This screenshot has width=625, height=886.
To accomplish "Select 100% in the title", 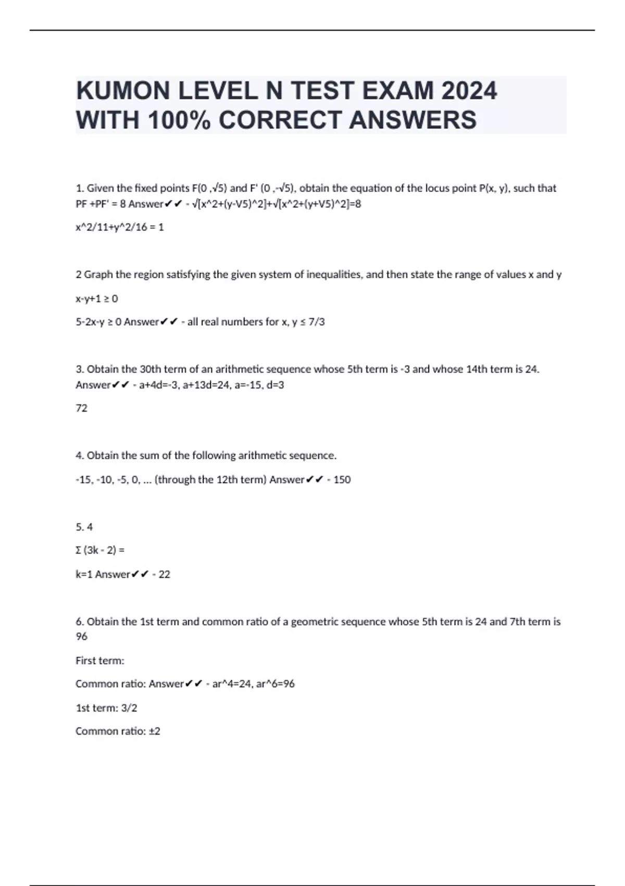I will (179, 120).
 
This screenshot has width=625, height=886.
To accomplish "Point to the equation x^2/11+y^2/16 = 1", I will (120, 227).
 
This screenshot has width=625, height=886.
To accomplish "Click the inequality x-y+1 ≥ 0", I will (97, 299).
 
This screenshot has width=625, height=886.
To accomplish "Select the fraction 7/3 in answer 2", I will (316, 322).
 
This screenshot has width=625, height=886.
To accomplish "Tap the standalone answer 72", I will (82, 408).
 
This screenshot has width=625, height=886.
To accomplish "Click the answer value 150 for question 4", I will (342, 479).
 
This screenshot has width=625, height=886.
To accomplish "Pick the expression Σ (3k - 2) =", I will (100, 550).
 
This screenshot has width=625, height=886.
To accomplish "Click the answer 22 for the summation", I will (164, 574).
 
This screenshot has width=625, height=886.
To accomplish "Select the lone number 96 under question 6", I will (82, 636).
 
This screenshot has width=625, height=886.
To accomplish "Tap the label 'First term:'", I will (100, 661).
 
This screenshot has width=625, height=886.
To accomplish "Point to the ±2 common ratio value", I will (154, 731).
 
